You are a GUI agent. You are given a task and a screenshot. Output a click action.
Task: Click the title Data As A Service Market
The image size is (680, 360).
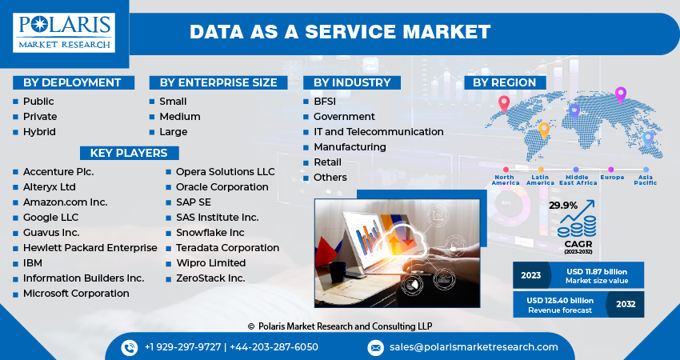(340, 33)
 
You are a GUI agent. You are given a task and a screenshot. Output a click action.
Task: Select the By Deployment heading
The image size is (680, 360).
(72, 82)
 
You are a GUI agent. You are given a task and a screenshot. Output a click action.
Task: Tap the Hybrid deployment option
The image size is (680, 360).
(39, 132)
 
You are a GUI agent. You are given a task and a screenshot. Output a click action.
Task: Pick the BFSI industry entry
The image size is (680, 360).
(326, 102)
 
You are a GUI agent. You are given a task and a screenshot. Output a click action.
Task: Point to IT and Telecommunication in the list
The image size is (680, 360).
(378, 132)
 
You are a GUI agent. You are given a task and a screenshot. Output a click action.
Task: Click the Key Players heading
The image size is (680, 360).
(129, 153)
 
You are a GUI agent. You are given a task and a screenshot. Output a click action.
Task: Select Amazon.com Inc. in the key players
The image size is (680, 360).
(65, 202)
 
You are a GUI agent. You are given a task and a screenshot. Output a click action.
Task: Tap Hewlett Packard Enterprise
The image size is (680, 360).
(90, 248)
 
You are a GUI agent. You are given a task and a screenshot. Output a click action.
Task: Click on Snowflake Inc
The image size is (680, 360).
(210, 233)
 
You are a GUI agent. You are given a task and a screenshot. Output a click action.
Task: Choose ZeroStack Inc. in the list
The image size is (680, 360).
(210, 278)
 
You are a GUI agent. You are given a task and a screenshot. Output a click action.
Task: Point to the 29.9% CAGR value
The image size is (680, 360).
(563, 206)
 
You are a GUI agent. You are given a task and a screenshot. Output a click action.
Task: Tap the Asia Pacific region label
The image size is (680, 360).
(646, 179)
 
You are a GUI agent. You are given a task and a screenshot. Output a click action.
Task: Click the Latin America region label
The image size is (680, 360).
(540, 179)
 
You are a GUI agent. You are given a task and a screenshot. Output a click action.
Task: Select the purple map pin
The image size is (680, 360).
(620, 94)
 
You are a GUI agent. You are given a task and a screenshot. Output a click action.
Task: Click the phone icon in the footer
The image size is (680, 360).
(130, 347)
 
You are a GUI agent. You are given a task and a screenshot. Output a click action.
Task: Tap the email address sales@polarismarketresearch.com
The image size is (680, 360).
(474, 347)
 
